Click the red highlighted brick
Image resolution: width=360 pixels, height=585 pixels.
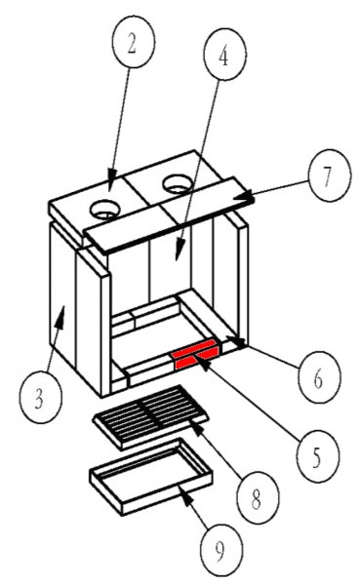pos(195,353)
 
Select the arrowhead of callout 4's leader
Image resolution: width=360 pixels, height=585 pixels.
pos(180,253)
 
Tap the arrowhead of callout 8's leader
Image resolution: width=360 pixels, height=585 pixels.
pos(198,429)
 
